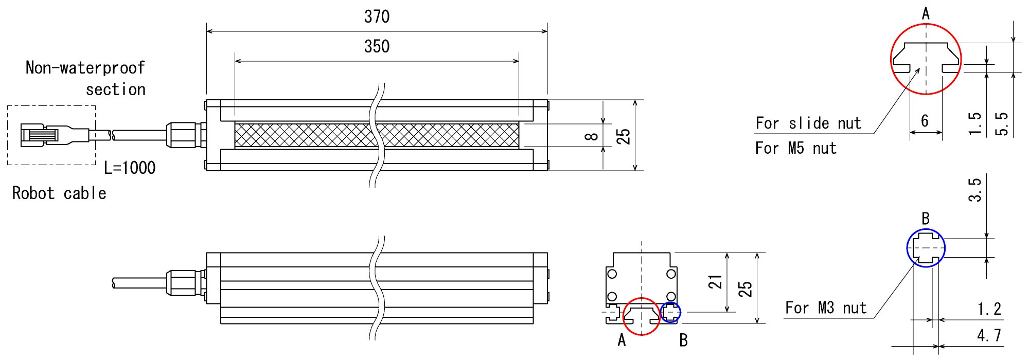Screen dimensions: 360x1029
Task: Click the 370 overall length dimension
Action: click(x=377, y=17)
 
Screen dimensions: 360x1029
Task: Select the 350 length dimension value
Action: click(x=377, y=47)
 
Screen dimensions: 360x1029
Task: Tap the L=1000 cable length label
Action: click(x=130, y=168)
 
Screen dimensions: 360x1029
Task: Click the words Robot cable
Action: click(x=59, y=193)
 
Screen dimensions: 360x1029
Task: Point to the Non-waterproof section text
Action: click(x=86, y=78)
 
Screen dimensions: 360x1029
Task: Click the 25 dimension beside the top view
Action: click(x=624, y=136)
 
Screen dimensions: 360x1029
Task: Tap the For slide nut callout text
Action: click(x=808, y=123)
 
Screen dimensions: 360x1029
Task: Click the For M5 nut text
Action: click(x=795, y=149)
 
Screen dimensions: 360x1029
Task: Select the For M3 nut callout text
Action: click(x=825, y=308)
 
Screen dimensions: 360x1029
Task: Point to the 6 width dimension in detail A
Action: click(x=925, y=121)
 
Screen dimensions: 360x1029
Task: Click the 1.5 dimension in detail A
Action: click(x=974, y=124)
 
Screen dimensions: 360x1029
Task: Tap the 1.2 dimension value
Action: click(x=989, y=309)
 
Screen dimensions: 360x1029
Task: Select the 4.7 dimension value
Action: click(x=989, y=336)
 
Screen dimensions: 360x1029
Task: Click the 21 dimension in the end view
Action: click(x=716, y=282)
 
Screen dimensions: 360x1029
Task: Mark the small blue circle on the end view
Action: click(x=670, y=312)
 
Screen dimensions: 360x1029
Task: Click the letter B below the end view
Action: click(x=683, y=340)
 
